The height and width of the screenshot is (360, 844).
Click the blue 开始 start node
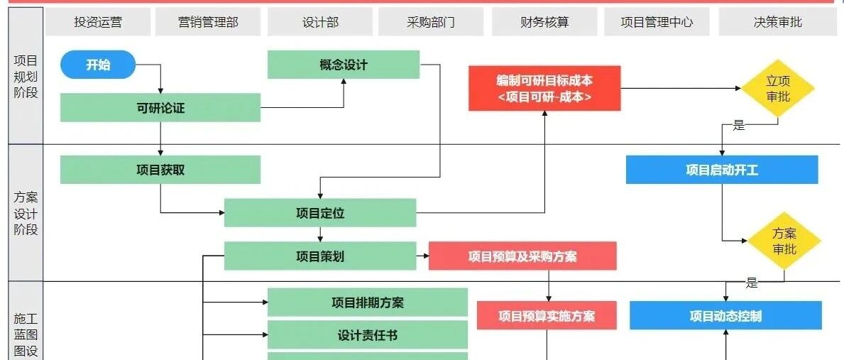(98, 65)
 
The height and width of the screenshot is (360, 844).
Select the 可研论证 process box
(160, 108)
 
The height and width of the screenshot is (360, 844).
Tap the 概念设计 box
(344, 65)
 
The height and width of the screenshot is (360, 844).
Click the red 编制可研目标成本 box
(544, 89)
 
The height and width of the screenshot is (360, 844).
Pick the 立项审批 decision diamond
(778, 89)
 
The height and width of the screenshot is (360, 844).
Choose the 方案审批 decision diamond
(784, 241)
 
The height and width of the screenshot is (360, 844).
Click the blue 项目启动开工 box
(722, 170)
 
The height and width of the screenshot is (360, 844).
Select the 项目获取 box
(160, 170)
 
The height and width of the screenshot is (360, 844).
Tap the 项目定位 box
(320, 213)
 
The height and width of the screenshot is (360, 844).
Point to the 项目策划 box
(320, 256)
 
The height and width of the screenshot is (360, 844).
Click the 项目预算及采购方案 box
(522, 256)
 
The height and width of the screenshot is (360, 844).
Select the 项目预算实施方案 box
(547, 316)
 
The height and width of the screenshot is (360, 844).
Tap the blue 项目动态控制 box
(725, 316)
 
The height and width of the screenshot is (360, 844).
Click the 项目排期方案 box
(368, 302)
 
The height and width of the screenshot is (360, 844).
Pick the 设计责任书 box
(368, 334)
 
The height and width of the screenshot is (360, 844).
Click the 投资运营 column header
(98, 22)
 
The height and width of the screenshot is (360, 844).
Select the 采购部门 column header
(431, 22)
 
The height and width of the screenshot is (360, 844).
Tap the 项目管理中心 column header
(657, 22)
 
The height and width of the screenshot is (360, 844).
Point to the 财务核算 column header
(544, 22)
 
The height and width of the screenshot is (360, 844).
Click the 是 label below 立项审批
(739, 126)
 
